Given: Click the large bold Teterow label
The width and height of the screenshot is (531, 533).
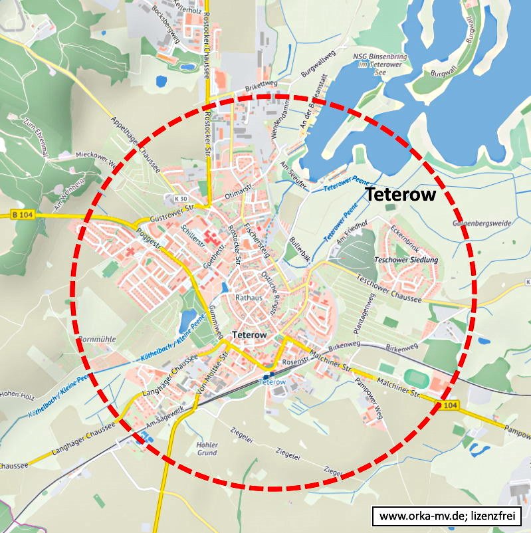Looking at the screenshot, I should (401, 195).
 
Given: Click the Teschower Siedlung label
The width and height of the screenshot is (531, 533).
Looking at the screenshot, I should (406, 260).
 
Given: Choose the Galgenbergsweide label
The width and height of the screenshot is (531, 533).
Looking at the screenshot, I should (482, 224).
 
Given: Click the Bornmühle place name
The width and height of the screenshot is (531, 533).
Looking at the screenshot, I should (97, 339).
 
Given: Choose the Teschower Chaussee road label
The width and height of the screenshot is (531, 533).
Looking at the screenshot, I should (389, 288).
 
